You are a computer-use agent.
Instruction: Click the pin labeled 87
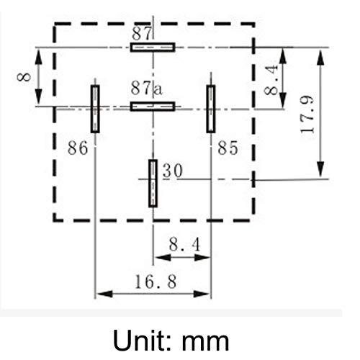153,47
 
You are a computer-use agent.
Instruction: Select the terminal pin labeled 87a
153,107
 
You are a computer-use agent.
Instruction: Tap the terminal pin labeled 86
95,109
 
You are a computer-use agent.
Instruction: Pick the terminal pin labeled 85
210,109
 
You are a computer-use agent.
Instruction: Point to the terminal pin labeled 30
153,183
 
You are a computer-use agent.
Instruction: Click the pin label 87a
147,89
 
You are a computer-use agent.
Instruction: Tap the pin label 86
77,148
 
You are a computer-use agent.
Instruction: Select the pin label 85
227,148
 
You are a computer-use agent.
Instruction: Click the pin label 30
171,171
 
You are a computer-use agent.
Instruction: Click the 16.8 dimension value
154,282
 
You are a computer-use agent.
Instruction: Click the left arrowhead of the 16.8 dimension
101,294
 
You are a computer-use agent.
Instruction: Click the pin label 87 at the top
142,32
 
